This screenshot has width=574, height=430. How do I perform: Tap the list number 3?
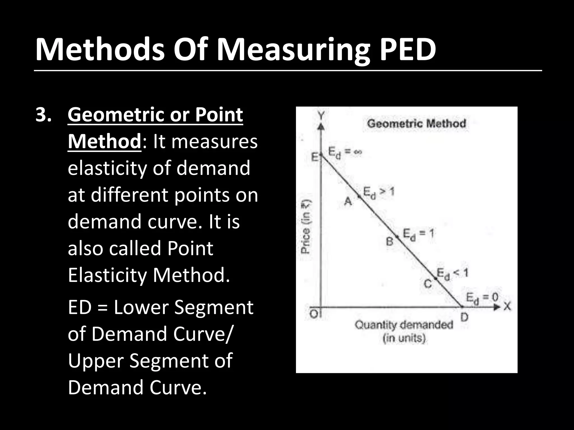pos(43,115)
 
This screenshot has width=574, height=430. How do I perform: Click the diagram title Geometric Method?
pos(416,123)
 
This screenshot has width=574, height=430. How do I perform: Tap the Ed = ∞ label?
pos(345,153)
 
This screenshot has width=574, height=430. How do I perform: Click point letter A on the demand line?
pos(348,201)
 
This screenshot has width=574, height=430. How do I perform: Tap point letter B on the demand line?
pos(390,241)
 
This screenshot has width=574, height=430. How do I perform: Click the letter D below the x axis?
pos(464,317)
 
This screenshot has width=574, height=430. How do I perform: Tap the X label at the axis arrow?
pos(507,307)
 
